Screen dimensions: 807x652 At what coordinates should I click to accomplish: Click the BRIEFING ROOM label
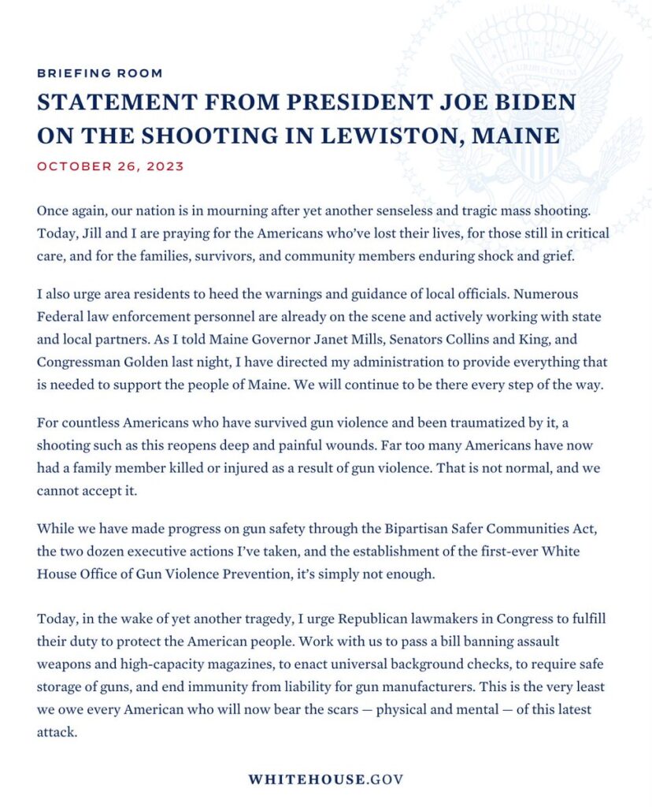[x=100, y=73]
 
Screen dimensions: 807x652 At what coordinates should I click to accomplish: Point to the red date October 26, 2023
[x=110, y=166]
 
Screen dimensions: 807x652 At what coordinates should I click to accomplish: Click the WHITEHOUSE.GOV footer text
[x=325, y=779]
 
